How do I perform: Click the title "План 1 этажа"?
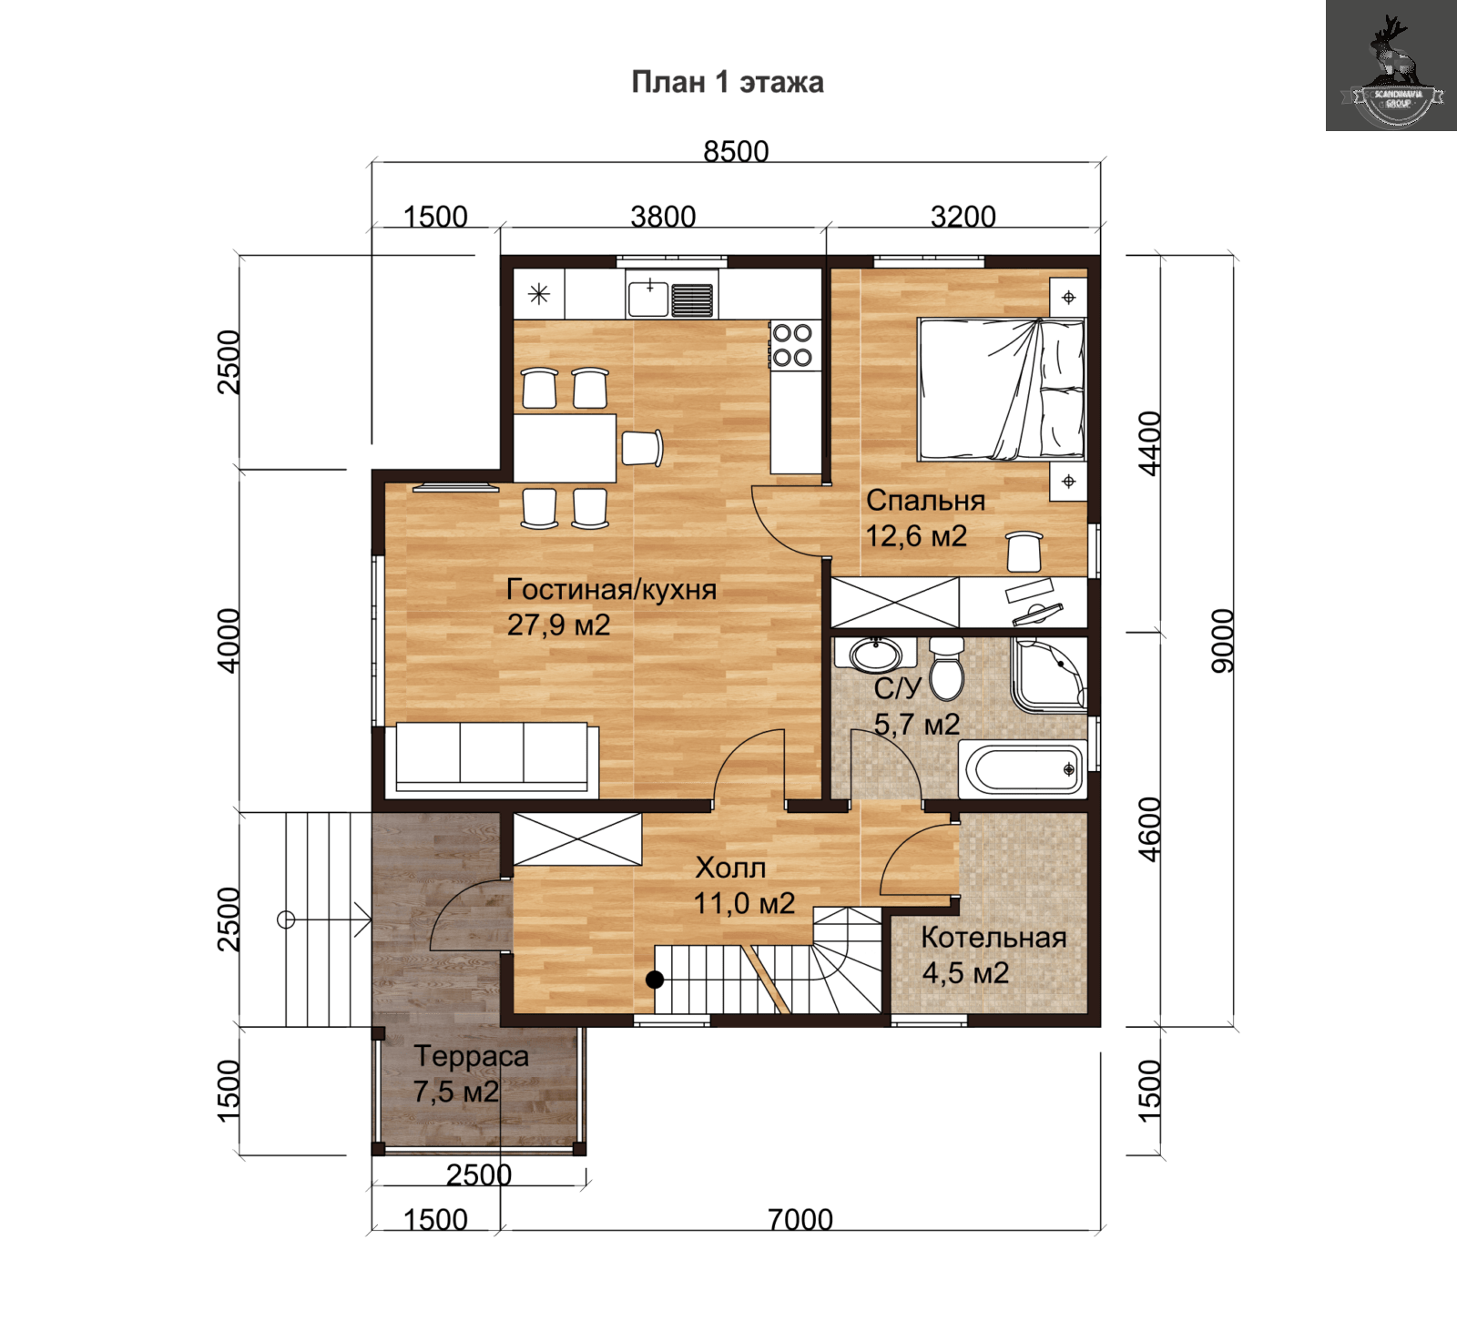(x=728, y=82)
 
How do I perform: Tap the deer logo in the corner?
(x=1391, y=66)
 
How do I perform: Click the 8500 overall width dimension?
(x=736, y=151)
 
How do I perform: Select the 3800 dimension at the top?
(x=663, y=217)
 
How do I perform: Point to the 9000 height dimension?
(x=1222, y=641)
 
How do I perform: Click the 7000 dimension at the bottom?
(x=800, y=1219)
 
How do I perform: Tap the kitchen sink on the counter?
(x=671, y=298)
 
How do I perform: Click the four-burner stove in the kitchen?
(x=793, y=345)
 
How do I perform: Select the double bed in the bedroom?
(x=1001, y=389)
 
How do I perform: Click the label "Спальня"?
(x=925, y=500)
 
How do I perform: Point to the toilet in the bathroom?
(x=947, y=669)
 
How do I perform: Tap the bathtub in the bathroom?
(x=1023, y=769)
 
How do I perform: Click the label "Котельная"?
(x=993, y=938)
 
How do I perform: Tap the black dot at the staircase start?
(x=655, y=980)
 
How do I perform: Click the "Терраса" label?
(x=471, y=1056)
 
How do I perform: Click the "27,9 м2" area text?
(x=558, y=625)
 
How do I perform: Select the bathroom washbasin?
(x=875, y=654)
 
